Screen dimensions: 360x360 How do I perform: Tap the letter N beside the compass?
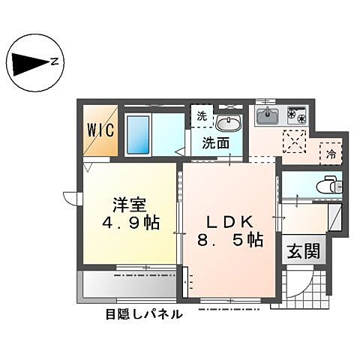(55, 64)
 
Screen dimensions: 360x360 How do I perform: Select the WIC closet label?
(100, 130)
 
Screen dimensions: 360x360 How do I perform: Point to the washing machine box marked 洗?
(201, 115)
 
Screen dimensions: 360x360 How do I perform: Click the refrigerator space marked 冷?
(331, 154)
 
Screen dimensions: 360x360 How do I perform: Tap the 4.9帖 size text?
(130, 223)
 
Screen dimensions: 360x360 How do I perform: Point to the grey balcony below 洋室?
(127, 284)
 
